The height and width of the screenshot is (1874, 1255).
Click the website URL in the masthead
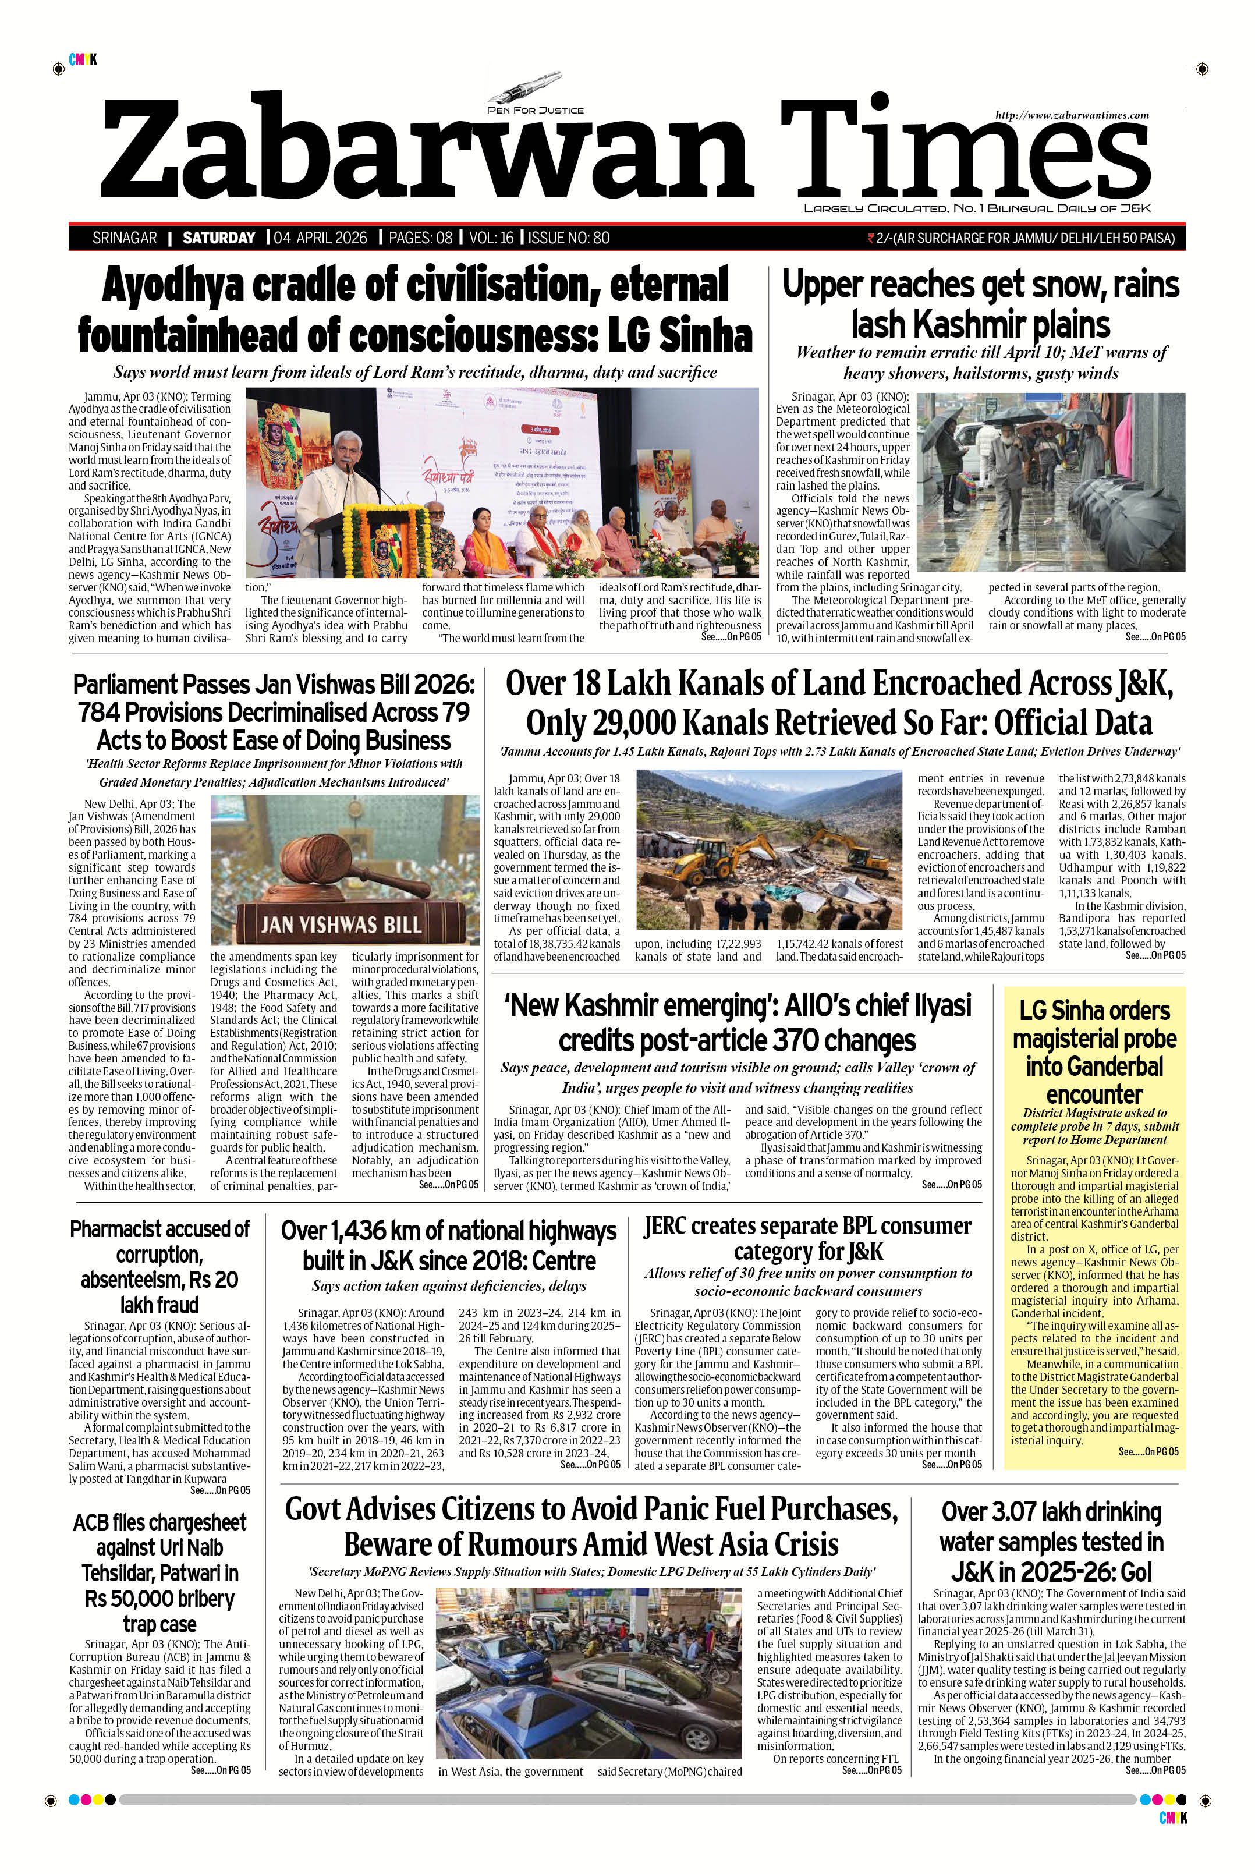1072,115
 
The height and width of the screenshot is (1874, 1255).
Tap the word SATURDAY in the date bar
218,238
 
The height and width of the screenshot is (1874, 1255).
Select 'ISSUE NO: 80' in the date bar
569,238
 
